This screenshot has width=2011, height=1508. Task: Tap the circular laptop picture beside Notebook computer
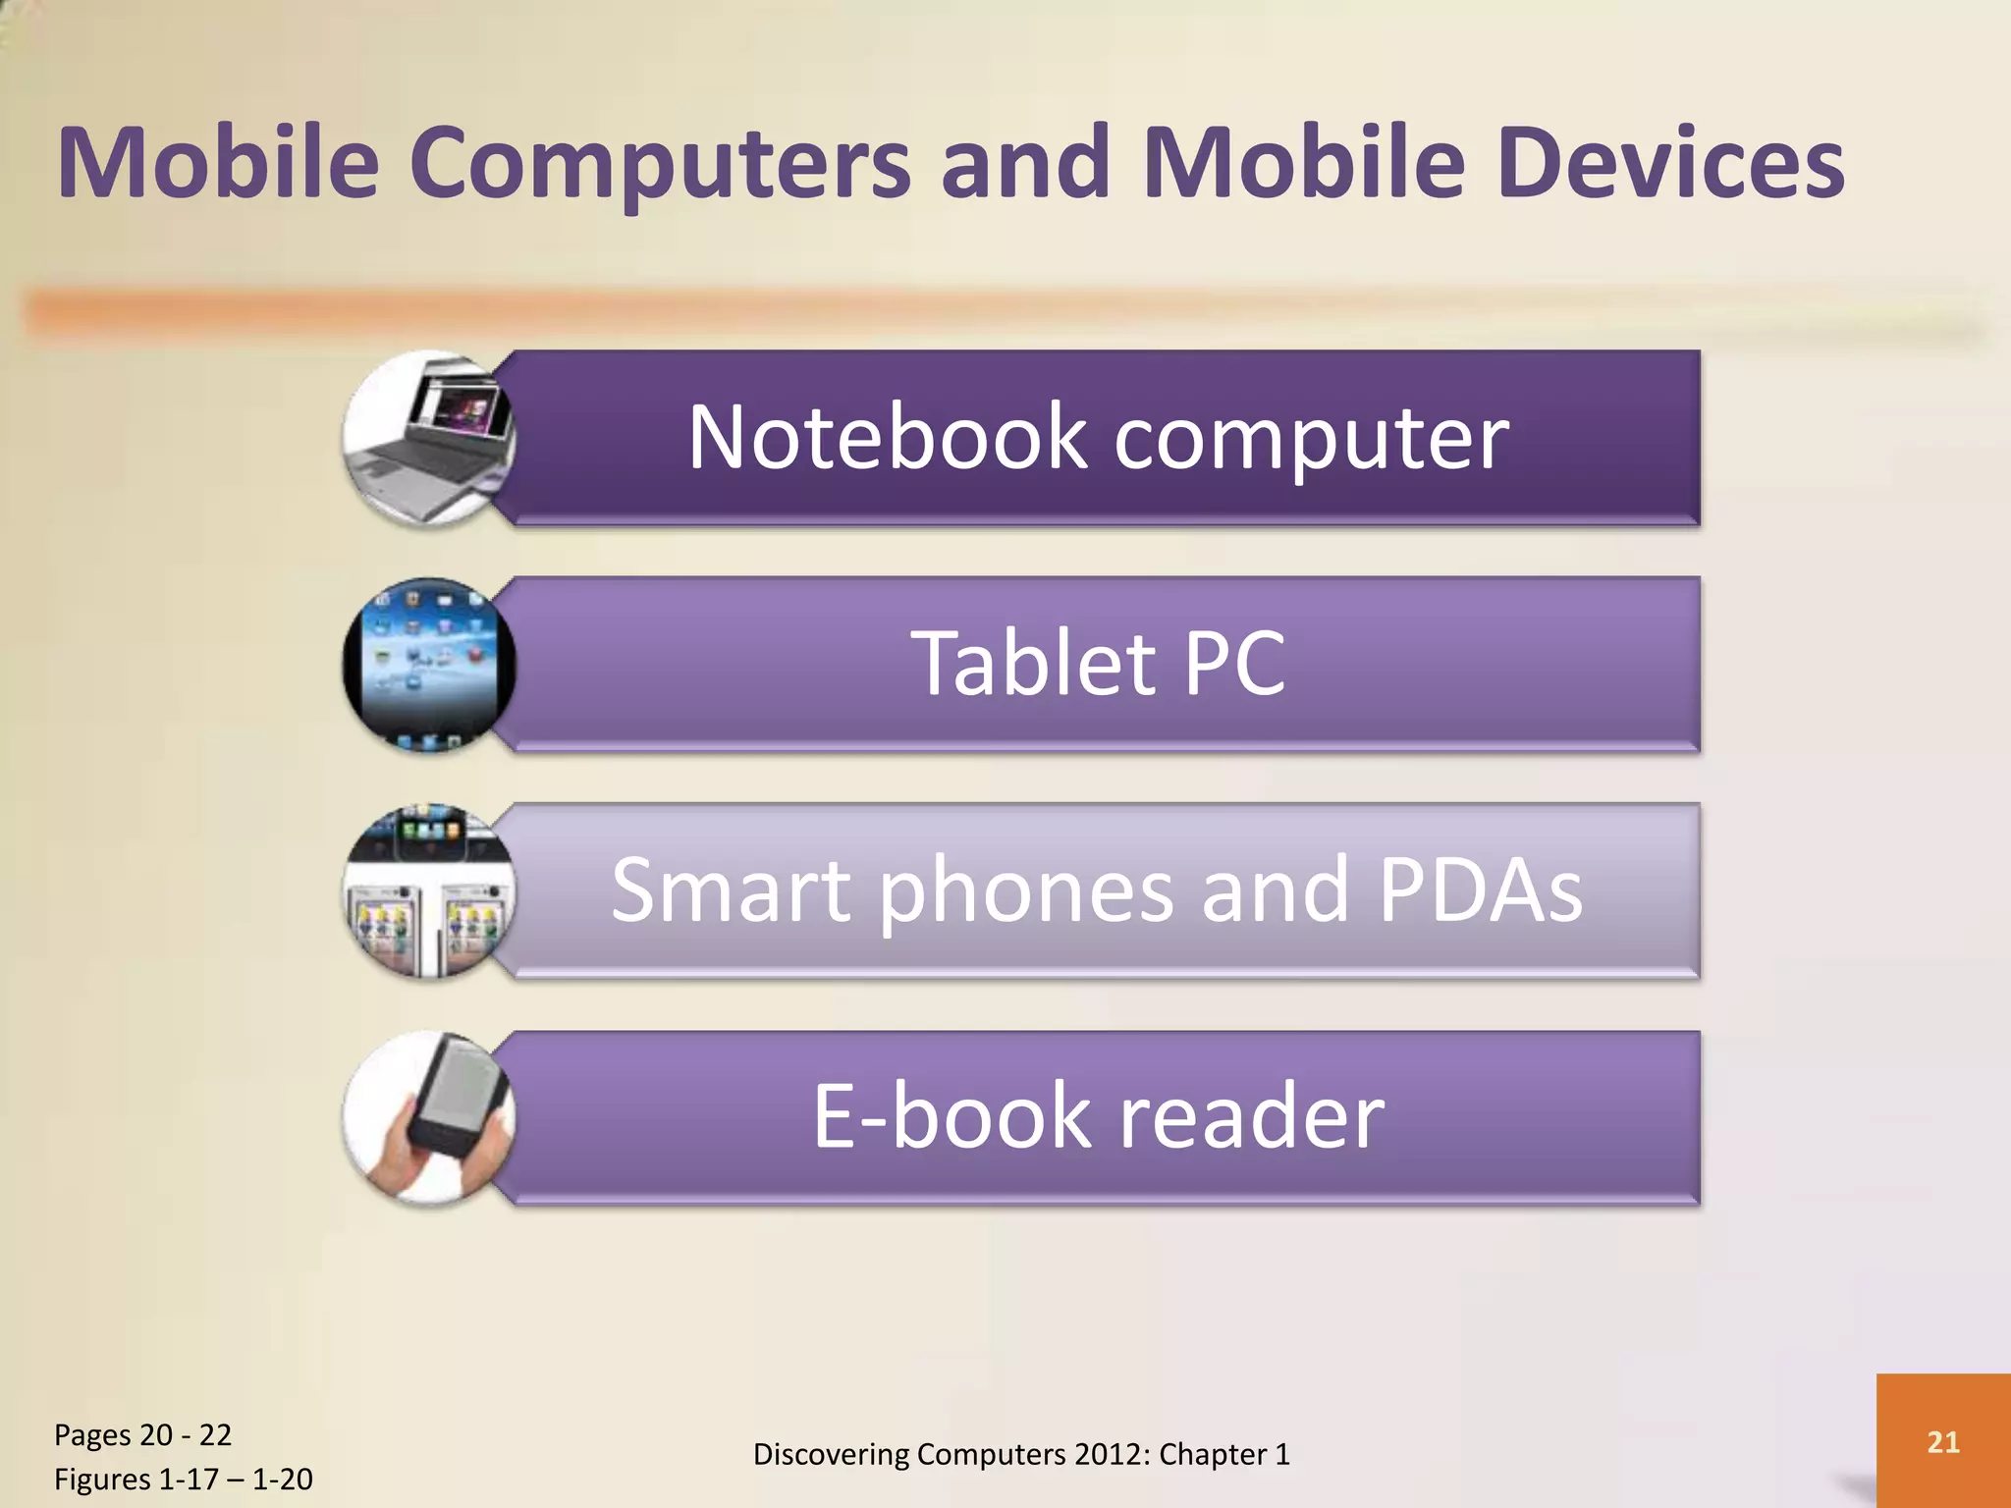pyautogui.click(x=429, y=438)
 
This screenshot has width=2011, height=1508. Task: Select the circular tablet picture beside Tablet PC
pyautogui.click(x=429, y=665)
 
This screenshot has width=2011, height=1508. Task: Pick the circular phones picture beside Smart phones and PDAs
pyautogui.click(x=429, y=891)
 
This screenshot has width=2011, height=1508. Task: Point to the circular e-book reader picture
pyautogui.click(x=429, y=1118)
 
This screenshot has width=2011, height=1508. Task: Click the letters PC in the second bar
pyautogui.click(x=1234, y=665)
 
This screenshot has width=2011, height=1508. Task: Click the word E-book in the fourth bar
pyautogui.click(x=951, y=1117)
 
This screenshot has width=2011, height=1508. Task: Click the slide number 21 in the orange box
pyautogui.click(x=1942, y=1441)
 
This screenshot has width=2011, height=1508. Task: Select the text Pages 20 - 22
pyautogui.click(x=142, y=1434)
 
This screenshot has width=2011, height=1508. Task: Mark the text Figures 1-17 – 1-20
pyautogui.click(x=183, y=1479)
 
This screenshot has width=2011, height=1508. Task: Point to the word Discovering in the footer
pyautogui.click(x=831, y=1454)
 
